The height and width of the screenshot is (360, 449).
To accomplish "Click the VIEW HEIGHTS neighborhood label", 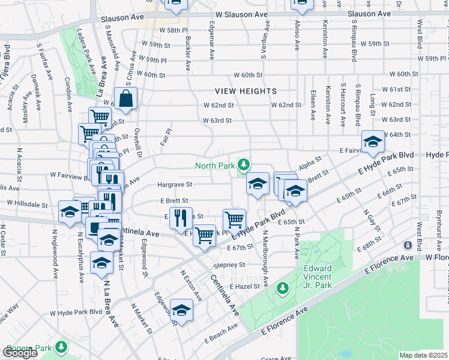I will (247, 91).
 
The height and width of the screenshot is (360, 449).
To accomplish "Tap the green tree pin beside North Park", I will (243, 164).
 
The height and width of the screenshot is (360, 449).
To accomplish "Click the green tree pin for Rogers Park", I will (61, 347).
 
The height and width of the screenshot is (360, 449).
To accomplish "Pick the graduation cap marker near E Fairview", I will (373, 142).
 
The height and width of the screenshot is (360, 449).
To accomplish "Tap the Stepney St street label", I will (229, 265).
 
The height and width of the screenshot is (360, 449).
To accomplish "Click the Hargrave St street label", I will (175, 185).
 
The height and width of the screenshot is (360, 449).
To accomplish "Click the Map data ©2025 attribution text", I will (424, 355).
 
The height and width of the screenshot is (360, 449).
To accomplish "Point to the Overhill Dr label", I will (137, 141).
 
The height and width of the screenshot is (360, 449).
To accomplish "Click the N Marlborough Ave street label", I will (264, 258).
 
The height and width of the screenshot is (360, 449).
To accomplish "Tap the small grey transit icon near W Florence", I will (408, 245).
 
